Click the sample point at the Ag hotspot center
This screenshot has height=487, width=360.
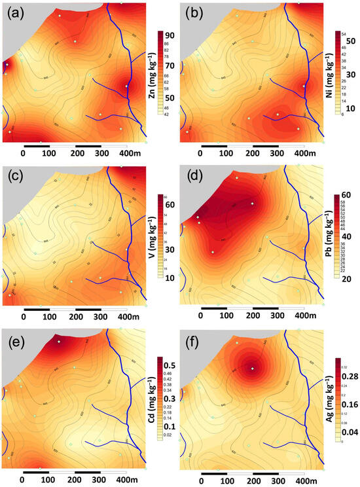(252, 369)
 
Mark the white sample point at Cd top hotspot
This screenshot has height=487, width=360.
(58, 342)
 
